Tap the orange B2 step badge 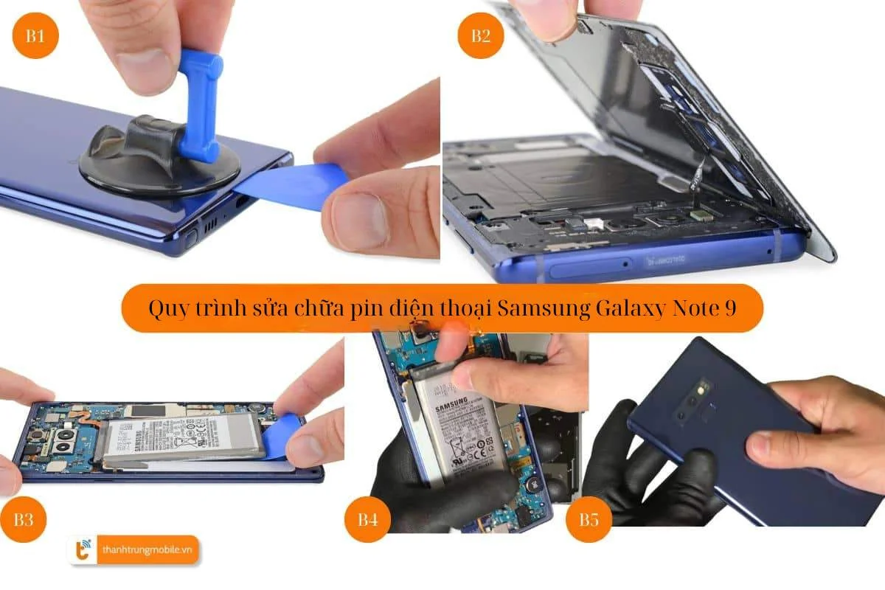point(480,36)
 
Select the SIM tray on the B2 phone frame point(583,265)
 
